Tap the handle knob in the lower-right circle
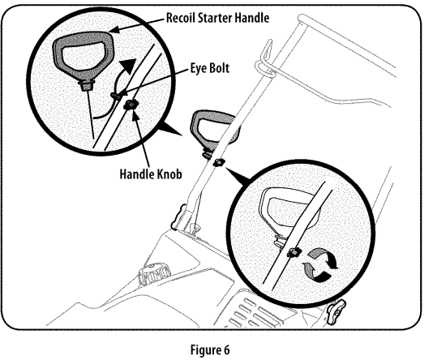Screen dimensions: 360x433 (x=291, y=253)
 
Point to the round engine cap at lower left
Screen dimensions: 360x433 (x=152, y=274)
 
